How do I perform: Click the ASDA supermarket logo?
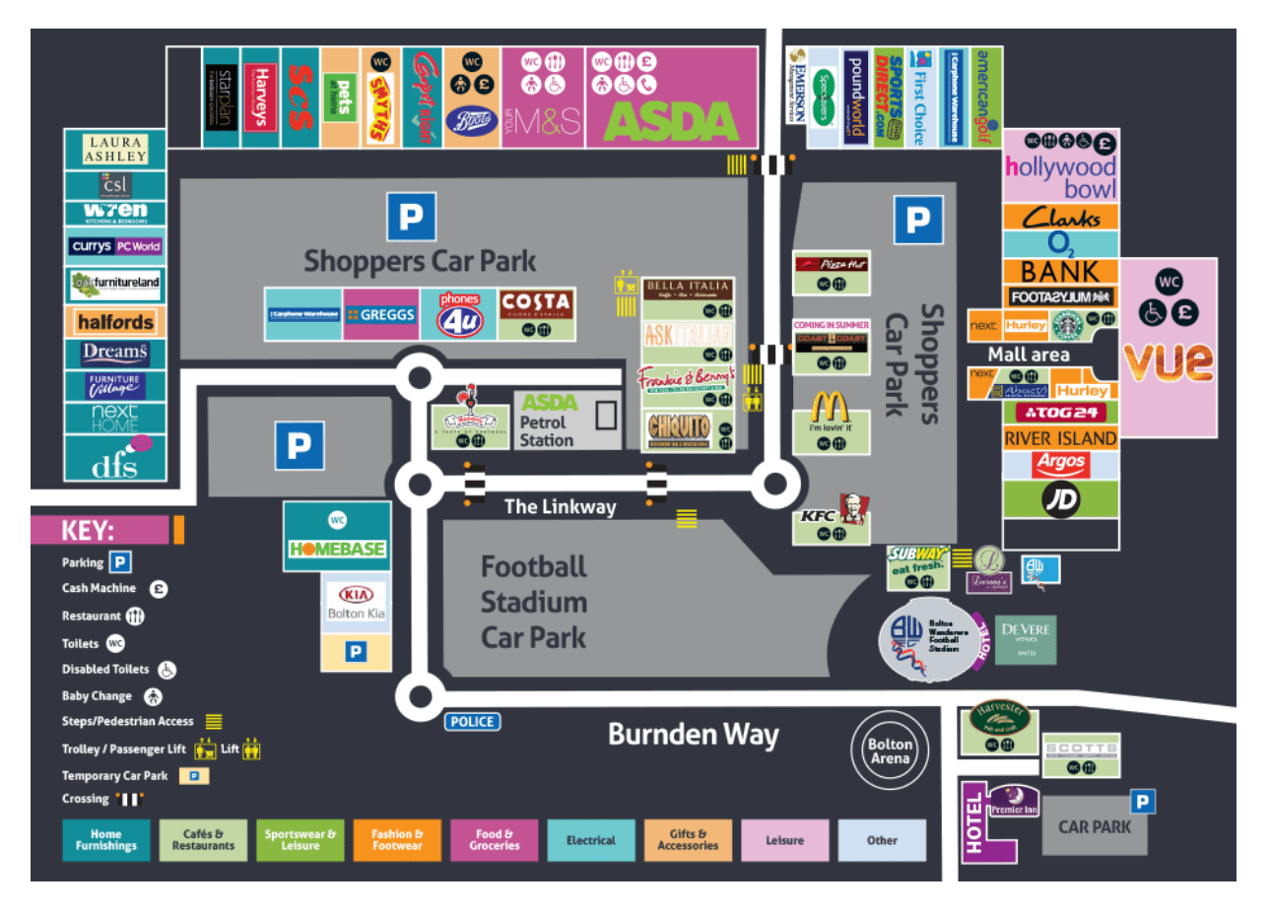(670, 121)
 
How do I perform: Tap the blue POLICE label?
(472, 722)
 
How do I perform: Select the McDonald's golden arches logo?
(831, 407)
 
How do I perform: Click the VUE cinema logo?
(1169, 360)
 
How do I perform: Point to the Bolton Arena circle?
(890, 750)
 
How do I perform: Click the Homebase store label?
(337, 549)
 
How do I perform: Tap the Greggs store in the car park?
(381, 315)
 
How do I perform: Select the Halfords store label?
(115, 322)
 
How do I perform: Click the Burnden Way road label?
(693, 735)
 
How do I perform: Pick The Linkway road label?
(560, 507)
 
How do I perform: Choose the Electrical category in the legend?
(590, 840)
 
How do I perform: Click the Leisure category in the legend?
(784, 840)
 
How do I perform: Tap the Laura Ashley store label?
(115, 150)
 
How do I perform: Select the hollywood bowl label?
(1061, 177)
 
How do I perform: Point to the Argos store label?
(1061, 463)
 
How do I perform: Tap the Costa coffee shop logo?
(535, 303)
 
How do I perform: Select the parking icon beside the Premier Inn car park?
(1142, 802)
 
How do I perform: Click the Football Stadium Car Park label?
(533, 602)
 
